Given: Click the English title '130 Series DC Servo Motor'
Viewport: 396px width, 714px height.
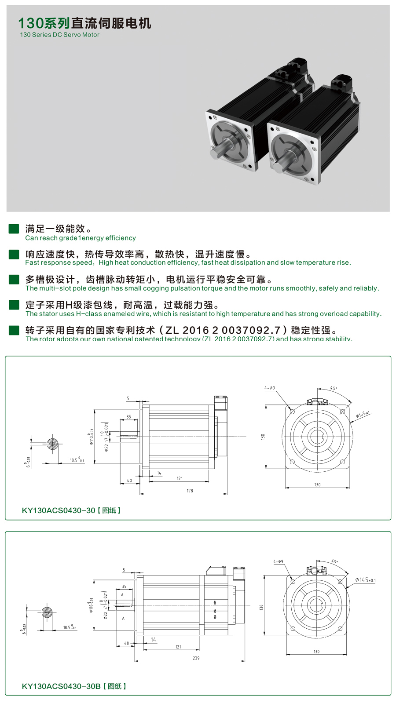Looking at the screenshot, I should tap(59, 35).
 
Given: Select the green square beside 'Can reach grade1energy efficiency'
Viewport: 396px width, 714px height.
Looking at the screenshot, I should tap(14, 229).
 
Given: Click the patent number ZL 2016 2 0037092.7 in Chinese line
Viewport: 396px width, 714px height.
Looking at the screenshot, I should tap(223, 330).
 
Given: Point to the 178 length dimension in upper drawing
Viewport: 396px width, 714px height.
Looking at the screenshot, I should tap(190, 491).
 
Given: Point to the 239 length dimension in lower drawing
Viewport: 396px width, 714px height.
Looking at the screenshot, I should tap(196, 658).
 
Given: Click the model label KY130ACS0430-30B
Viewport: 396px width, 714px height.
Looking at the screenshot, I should tap(61, 686).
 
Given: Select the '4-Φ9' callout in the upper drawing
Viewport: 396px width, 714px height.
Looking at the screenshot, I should tap(270, 388).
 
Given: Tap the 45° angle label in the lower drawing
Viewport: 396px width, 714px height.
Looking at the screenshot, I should tap(334, 561).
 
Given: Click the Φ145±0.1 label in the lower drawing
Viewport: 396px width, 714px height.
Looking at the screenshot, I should tap(365, 580).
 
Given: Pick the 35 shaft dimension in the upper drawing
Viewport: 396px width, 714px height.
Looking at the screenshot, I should tap(128, 416).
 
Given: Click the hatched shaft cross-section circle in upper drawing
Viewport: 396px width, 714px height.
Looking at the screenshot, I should tap(53, 444).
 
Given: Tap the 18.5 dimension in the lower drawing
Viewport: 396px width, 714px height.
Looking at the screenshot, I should tap(70, 627).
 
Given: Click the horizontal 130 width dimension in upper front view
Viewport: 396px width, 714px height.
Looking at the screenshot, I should tap(317, 484).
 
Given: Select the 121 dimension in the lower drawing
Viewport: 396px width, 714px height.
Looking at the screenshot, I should tap(178, 647).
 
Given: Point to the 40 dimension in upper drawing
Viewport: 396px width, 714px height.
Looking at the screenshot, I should tap(129, 481).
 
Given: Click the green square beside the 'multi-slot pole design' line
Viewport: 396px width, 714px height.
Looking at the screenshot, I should tap(14, 280).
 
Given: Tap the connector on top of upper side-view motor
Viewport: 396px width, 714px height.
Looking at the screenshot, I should tap(220, 402).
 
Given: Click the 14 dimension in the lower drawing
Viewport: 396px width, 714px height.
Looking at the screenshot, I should tap(154, 640).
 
